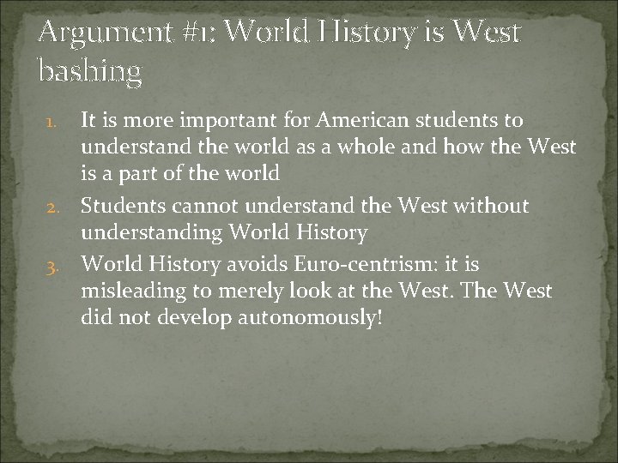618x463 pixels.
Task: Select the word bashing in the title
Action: click(x=89, y=72)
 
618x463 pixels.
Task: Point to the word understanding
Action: click(x=149, y=233)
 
